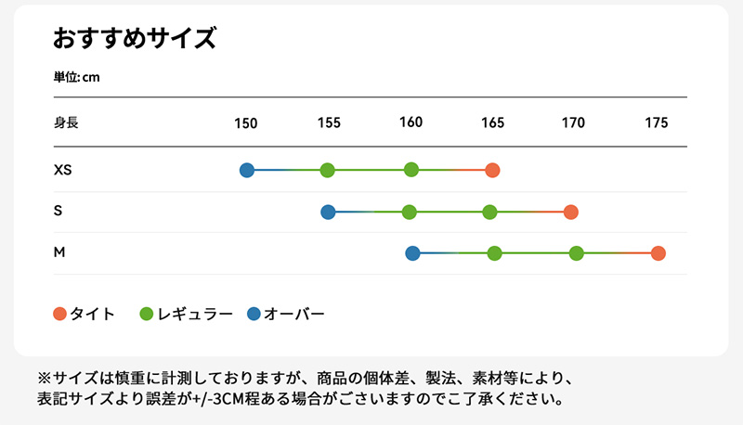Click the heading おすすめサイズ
click(135, 39)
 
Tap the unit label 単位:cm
click(76, 77)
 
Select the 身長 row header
click(66, 122)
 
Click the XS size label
click(63, 170)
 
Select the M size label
click(59, 252)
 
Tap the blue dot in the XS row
click(247, 170)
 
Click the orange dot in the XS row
click(492, 170)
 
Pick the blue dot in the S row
click(328, 212)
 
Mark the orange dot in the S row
click(571, 212)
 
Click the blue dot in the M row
click(413, 252)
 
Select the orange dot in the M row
click(658, 253)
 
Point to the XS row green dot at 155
click(327, 170)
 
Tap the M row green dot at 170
click(576, 253)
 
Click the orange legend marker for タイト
click(60, 314)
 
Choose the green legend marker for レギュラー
click(146, 314)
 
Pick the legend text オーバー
click(294, 314)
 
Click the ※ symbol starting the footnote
click(43, 380)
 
